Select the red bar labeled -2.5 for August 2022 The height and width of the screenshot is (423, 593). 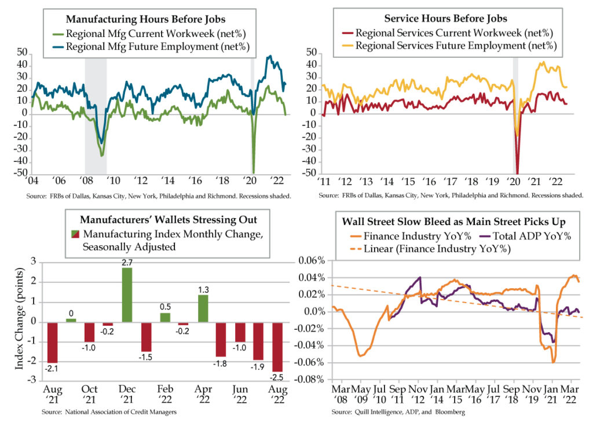[279, 347]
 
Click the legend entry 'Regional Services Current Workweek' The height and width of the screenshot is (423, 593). [446, 33]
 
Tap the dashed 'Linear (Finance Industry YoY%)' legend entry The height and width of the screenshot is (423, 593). [416, 250]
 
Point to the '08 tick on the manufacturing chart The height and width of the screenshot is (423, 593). [85, 179]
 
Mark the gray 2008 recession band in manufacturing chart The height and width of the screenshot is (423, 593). [96, 116]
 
